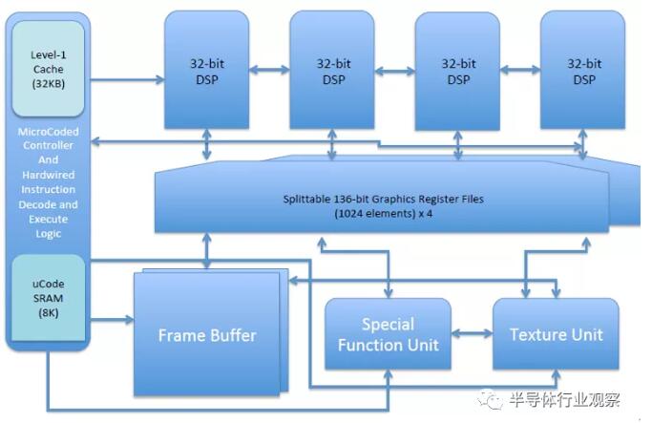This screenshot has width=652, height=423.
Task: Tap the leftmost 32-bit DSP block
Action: tap(206, 72)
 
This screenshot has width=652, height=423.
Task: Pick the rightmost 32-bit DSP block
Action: tap(581, 72)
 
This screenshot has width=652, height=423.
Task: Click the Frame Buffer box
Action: tap(206, 335)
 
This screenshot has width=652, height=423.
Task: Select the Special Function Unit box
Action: tap(388, 335)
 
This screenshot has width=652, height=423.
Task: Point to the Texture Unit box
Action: tap(555, 334)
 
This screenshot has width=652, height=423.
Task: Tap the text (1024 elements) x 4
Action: tap(382, 215)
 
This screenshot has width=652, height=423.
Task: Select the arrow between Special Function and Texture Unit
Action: tap(471, 334)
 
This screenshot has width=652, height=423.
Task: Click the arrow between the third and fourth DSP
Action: tap(520, 69)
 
